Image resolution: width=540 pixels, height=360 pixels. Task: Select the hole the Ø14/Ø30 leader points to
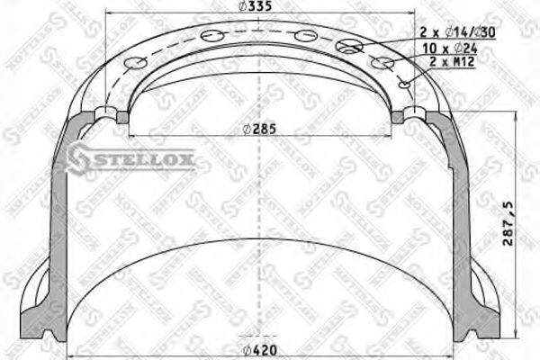pos(349,46)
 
